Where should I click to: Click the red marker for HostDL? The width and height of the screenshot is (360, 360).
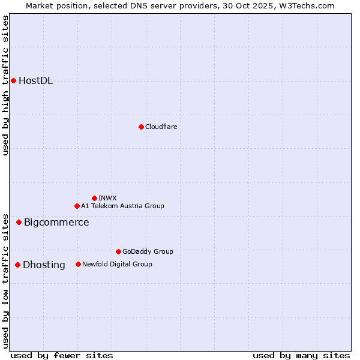tap(13, 80)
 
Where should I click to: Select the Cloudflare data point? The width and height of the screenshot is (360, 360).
tap(141, 127)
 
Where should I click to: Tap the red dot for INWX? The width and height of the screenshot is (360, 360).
tap(94, 198)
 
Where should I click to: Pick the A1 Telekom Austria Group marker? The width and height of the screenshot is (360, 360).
tap(77, 206)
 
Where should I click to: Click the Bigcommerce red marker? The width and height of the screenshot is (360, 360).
tap(19, 222)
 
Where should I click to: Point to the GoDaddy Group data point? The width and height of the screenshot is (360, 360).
tap(118, 251)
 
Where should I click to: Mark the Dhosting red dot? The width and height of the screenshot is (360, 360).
tap(17, 265)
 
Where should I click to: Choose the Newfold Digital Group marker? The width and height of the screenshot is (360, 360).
tap(78, 264)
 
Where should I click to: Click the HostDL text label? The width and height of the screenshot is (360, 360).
tap(35, 81)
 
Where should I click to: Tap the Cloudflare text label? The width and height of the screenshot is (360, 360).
tap(161, 127)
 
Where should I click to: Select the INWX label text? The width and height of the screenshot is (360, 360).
tap(107, 198)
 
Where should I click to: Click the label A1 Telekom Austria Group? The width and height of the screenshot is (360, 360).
tap(122, 206)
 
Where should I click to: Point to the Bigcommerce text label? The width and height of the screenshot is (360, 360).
tap(56, 223)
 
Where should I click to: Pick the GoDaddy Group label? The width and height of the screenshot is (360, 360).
tap(148, 251)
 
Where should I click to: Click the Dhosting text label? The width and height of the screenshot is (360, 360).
tap(44, 265)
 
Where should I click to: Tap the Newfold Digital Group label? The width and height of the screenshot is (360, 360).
tap(117, 264)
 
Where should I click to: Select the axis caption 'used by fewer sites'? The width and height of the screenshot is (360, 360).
tap(62, 355)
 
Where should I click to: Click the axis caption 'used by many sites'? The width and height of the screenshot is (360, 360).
tap(301, 355)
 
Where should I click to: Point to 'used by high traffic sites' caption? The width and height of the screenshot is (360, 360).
tap(6, 86)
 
